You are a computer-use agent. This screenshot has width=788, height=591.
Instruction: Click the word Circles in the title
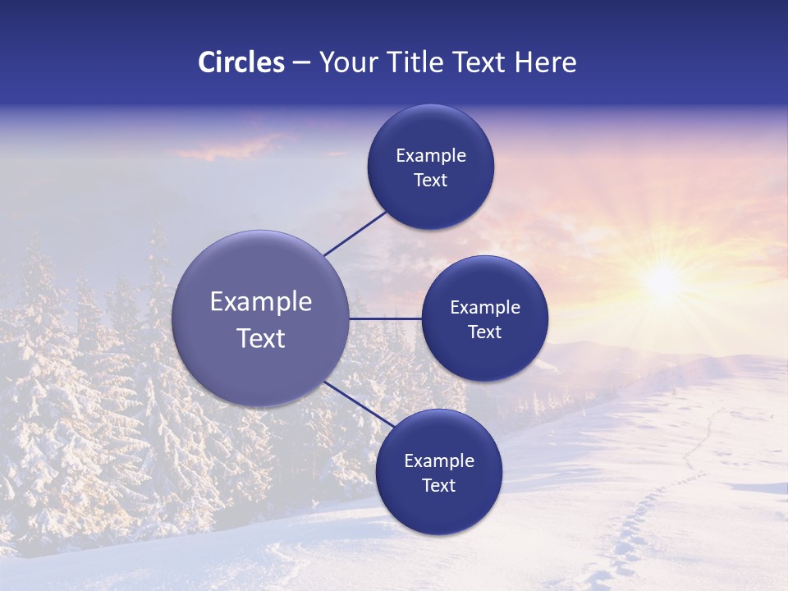(x=241, y=62)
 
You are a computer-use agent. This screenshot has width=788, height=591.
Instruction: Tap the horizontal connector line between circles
(x=385, y=318)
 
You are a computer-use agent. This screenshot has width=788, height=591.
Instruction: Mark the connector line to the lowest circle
(x=358, y=405)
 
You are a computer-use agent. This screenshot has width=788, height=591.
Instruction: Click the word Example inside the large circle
(x=260, y=302)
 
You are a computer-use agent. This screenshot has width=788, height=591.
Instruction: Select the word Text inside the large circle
(x=260, y=338)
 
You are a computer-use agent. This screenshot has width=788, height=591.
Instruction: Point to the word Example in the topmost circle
(x=430, y=156)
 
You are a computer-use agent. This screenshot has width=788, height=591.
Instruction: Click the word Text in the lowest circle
(x=438, y=486)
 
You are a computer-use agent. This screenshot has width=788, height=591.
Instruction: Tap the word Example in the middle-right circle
(x=484, y=308)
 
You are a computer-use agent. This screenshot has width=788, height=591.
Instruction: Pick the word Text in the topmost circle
(x=430, y=181)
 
